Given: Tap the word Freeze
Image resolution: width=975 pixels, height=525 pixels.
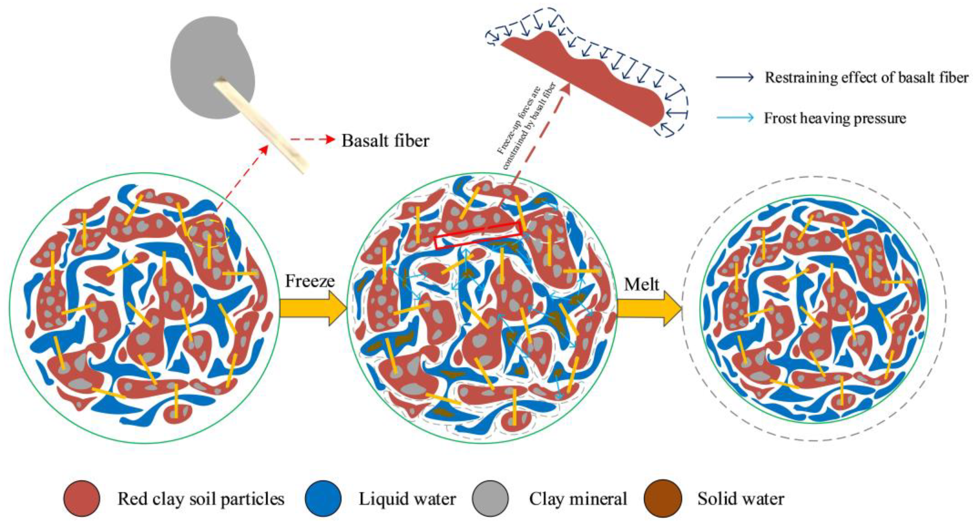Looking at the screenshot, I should (310, 281).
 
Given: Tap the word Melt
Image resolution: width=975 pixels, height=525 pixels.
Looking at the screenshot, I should (641, 284).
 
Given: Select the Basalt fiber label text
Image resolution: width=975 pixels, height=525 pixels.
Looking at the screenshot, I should (385, 141).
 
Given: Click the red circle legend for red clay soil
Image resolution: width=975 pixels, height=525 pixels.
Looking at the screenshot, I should (82, 499).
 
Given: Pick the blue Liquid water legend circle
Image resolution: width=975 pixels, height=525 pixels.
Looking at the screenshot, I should (323, 499).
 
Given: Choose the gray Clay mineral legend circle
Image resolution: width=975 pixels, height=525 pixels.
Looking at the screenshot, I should (490, 499).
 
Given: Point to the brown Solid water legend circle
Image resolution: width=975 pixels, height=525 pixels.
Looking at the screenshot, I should (662, 499).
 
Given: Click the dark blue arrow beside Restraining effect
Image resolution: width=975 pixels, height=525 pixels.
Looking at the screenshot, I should (734, 78).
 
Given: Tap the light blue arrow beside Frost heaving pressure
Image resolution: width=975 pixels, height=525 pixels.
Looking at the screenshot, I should (734, 118).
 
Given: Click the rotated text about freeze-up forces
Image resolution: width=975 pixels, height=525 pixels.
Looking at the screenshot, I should (527, 125).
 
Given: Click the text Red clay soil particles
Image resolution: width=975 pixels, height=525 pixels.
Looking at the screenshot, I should (200, 499).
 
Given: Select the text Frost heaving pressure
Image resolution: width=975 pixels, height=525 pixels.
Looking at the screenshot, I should (835, 118).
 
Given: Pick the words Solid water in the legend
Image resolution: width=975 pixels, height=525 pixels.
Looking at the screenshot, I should (741, 499).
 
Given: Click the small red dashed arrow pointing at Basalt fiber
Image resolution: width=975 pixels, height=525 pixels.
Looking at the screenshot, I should (312, 140).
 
